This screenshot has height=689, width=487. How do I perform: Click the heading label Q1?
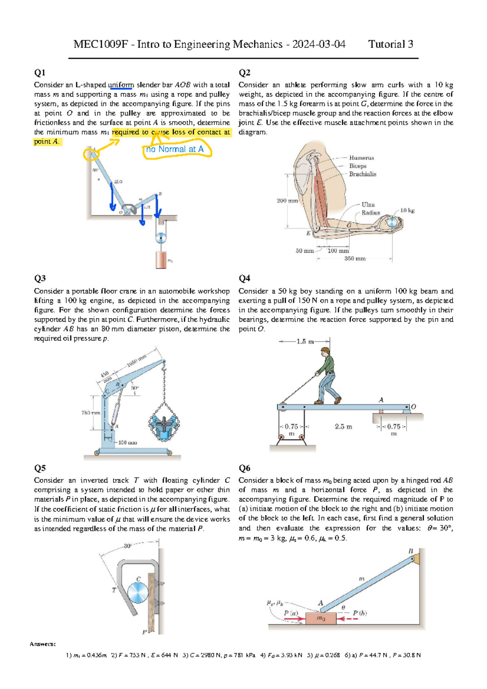coord(40,73)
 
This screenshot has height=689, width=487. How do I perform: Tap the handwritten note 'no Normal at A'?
coord(175,149)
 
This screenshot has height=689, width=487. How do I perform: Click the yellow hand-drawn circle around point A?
coord(91,154)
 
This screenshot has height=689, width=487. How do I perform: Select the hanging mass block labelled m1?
coord(161,260)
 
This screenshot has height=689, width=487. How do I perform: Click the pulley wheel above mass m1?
coord(161,238)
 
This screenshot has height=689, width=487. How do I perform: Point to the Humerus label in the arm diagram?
coord(361,157)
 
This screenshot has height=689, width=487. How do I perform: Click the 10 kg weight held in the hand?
coord(392,222)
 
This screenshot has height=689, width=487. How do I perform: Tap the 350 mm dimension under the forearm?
coord(355,258)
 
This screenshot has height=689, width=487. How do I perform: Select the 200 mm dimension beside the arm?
coord(287,200)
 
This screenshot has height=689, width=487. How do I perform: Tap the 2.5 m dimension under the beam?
coord(343,426)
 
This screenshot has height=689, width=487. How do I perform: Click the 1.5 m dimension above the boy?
coord(305,341)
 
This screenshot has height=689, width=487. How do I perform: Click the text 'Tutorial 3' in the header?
coord(390,44)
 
